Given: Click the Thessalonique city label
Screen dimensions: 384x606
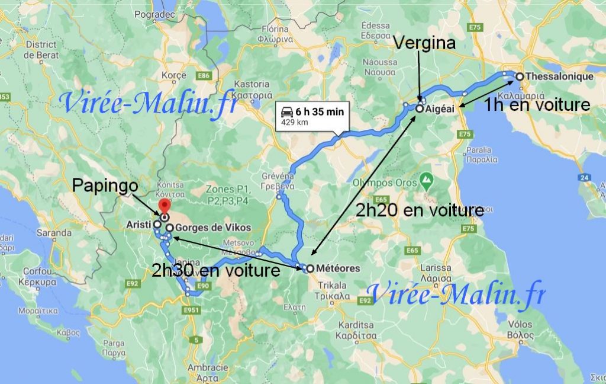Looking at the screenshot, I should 559,76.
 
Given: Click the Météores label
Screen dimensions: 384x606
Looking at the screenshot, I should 338,268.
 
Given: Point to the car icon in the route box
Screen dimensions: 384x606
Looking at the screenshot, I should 286,111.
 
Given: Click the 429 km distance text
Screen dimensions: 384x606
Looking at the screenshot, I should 295,122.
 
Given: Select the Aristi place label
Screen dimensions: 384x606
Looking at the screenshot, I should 140,225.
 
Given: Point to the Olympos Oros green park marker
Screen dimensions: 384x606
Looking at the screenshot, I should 426,178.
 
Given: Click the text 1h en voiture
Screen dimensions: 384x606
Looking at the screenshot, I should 537,105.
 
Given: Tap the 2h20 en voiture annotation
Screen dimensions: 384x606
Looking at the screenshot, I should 420,210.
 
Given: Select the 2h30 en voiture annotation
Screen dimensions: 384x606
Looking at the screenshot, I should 215,270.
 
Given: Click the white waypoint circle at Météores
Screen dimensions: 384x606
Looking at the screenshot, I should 310,268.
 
